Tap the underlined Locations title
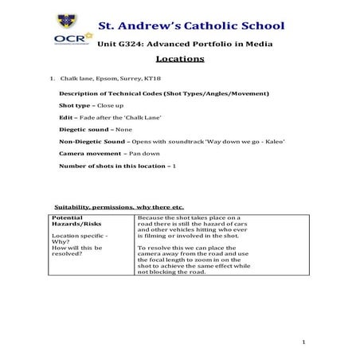click(180, 58)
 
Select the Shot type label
click(75, 106)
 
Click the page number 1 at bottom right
click(305, 342)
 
